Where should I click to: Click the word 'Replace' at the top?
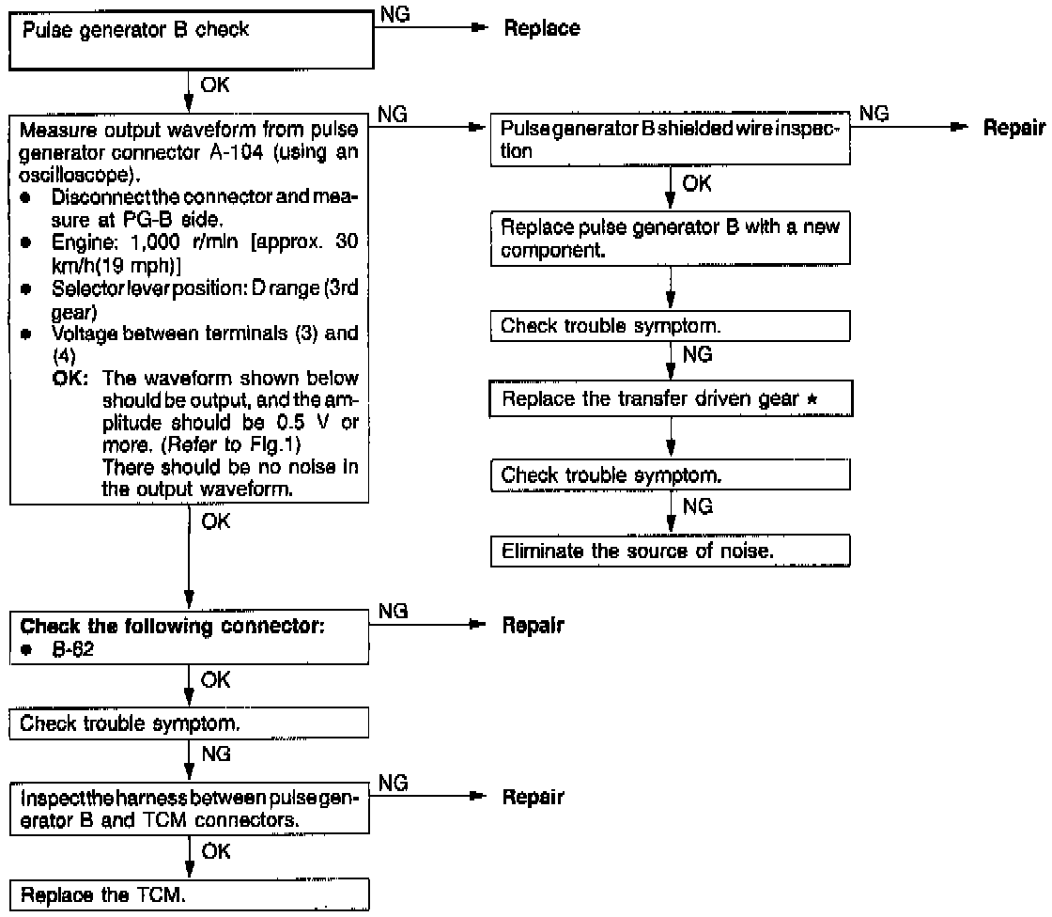(x=542, y=29)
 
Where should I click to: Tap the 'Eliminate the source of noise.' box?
(x=670, y=551)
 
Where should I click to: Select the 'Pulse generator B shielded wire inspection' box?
(x=670, y=141)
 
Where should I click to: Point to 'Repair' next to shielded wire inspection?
(x=1013, y=129)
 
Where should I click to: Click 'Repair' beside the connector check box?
(x=534, y=626)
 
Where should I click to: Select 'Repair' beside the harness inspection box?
(x=534, y=798)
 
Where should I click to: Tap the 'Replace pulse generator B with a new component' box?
(x=670, y=240)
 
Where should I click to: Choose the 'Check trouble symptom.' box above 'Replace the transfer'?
(x=670, y=326)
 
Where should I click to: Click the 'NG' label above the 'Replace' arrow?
(x=395, y=11)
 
